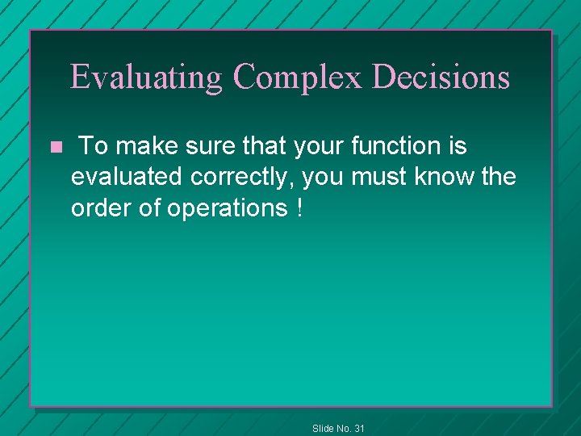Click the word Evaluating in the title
(x=145, y=77)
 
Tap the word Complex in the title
(x=299, y=77)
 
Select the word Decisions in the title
(x=441, y=77)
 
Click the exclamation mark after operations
(x=299, y=208)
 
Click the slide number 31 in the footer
(x=359, y=428)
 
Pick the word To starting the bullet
(x=94, y=146)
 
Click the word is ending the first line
(x=458, y=146)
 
